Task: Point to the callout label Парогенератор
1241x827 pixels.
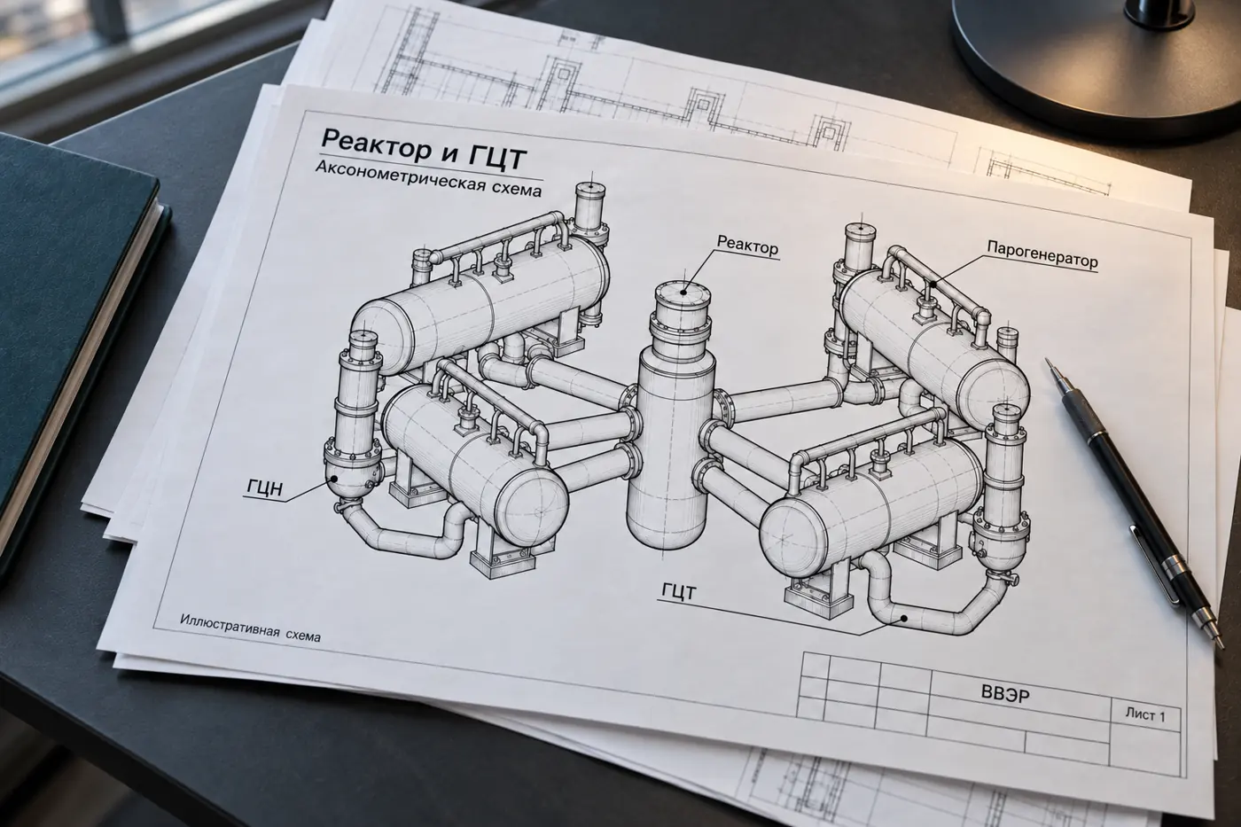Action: [x=1042, y=254]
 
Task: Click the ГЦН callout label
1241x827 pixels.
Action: [x=265, y=488]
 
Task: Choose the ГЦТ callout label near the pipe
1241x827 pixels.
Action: [x=678, y=592]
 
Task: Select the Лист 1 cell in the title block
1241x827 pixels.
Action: [x=1145, y=715]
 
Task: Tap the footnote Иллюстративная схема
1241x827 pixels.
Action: [x=250, y=628]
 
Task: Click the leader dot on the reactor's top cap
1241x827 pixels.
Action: [x=683, y=292]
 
